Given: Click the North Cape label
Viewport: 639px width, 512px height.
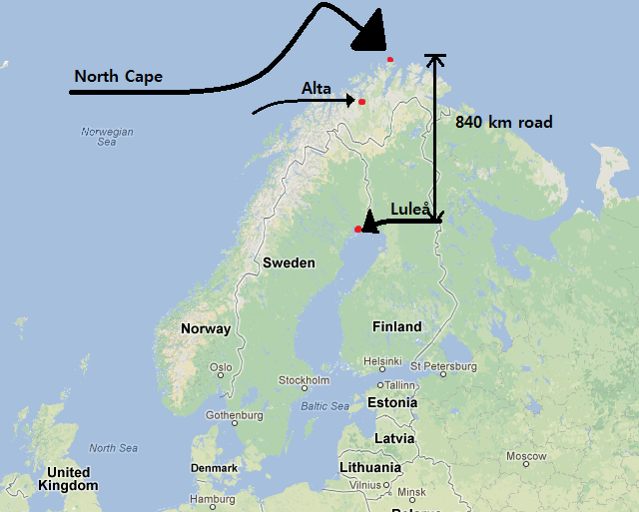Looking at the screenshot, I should [x=118, y=77].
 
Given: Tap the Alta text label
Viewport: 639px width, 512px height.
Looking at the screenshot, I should [x=317, y=89].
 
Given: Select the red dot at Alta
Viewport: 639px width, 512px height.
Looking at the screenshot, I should [x=361, y=102].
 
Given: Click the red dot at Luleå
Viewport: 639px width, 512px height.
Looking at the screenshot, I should [x=357, y=230].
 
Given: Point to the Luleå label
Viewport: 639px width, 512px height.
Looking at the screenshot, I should [x=410, y=209].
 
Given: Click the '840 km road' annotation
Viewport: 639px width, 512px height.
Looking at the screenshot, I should [x=503, y=123].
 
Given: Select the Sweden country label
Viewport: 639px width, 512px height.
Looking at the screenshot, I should [x=289, y=263].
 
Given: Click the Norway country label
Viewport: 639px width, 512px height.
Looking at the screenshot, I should [x=206, y=328].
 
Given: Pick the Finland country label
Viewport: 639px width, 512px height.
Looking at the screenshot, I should [x=396, y=326].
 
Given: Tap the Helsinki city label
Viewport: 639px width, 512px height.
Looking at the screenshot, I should [x=382, y=360].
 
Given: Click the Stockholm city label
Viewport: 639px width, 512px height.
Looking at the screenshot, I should [x=304, y=380].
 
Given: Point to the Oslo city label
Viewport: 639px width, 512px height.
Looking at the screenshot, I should [x=222, y=368].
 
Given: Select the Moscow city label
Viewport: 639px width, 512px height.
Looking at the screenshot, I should [x=525, y=456].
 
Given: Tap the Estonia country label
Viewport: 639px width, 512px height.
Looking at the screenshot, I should [x=392, y=403].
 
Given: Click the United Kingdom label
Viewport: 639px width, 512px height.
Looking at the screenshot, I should [x=68, y=479].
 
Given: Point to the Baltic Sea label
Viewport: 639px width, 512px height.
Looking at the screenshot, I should [x=324, y=406].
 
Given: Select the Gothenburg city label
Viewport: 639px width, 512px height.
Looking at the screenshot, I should [x=234, y=415].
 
